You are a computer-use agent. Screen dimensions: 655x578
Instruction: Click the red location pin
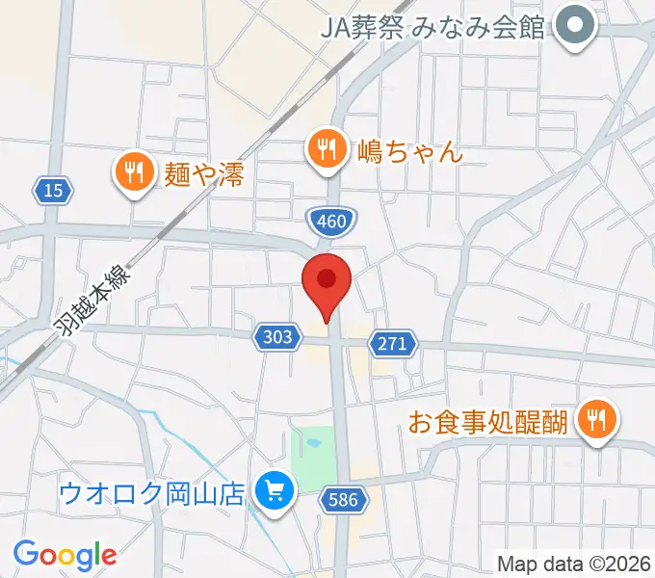click(327, 282)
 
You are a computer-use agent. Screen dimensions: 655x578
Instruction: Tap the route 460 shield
click(330, 223)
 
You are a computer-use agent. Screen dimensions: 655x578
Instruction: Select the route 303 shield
click(275, 336)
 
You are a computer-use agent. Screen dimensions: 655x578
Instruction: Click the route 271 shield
click(394, 343)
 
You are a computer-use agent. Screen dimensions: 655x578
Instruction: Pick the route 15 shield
click(54, 191)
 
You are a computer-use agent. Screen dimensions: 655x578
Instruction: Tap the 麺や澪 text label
click(204, 174)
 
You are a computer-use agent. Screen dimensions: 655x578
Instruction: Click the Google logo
click(65, 555)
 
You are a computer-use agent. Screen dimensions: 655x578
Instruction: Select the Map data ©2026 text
click(574, 563)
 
